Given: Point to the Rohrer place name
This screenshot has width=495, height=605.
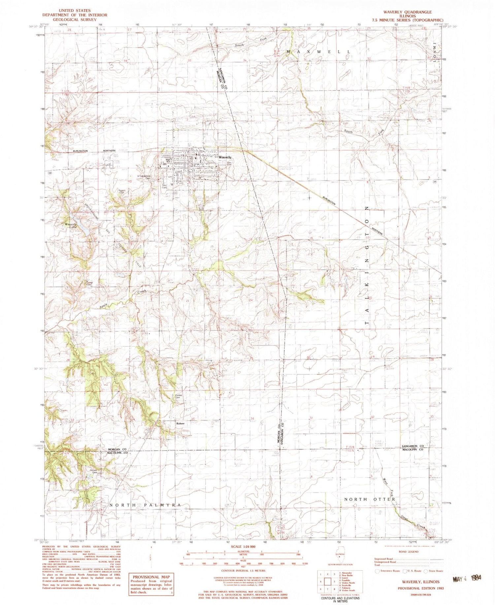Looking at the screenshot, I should (x=180, y=423).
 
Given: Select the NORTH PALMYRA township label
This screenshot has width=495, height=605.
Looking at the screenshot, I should (x=145, y=505).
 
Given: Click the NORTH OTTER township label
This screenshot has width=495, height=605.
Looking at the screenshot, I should (x=370, y=499).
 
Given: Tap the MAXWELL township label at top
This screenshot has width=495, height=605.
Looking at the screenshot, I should (x=318, y=52).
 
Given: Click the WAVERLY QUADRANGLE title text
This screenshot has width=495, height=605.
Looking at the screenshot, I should (x=407, y=12).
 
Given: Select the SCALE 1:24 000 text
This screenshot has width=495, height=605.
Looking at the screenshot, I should (x=243, y=547).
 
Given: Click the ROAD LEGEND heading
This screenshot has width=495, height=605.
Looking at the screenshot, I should (x=408, y=552).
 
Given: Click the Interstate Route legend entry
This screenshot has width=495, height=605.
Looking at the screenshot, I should (x=388, y=571).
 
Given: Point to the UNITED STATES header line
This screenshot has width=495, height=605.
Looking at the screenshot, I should (x=74, y=11).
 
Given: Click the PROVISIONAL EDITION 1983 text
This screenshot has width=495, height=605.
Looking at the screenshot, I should (x=420, y=588).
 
